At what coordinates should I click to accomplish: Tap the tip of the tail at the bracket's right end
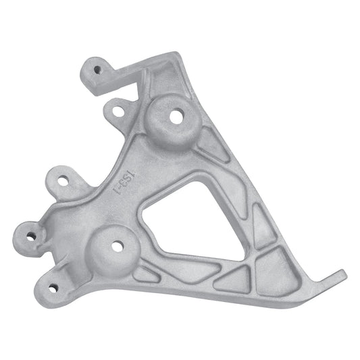pos(342,274)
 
